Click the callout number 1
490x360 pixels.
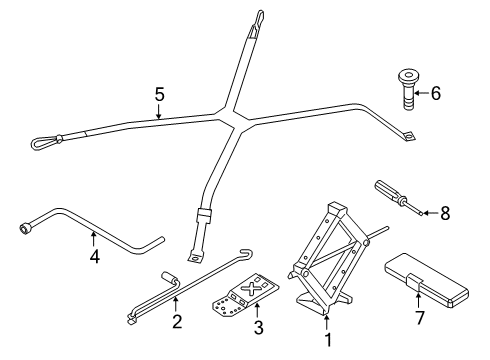(x=328, y=340)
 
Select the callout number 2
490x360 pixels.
(x=177, y=322)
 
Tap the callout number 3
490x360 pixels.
(x=259, y=327)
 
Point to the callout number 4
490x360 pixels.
(x=95, y=256)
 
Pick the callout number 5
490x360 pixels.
(x=160, y=94)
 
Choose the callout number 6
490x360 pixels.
(x=436, y=93)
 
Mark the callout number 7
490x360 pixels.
(x=420, y=317)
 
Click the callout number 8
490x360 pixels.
(x=445, y=213)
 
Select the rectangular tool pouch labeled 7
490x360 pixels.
(x=427, y=280)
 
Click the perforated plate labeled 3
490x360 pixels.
(x=245, y=294)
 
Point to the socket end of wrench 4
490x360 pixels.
(x=25, y=229)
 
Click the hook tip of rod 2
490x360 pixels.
(x=249, y=251)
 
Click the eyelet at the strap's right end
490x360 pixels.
(x=409, y=136)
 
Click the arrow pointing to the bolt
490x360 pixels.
(x=422, y=93)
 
